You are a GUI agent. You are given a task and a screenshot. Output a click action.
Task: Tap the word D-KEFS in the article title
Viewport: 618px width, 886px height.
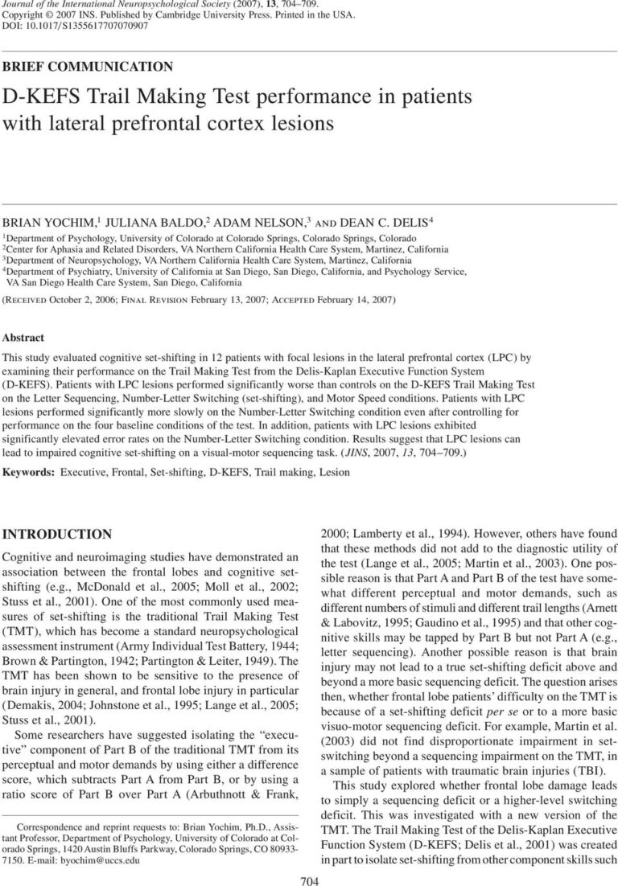(x=41, y=98)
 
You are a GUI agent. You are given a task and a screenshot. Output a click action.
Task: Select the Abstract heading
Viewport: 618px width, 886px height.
(x=24, y=338)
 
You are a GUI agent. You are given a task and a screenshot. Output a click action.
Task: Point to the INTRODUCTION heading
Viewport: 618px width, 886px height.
(x=69, y=534)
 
